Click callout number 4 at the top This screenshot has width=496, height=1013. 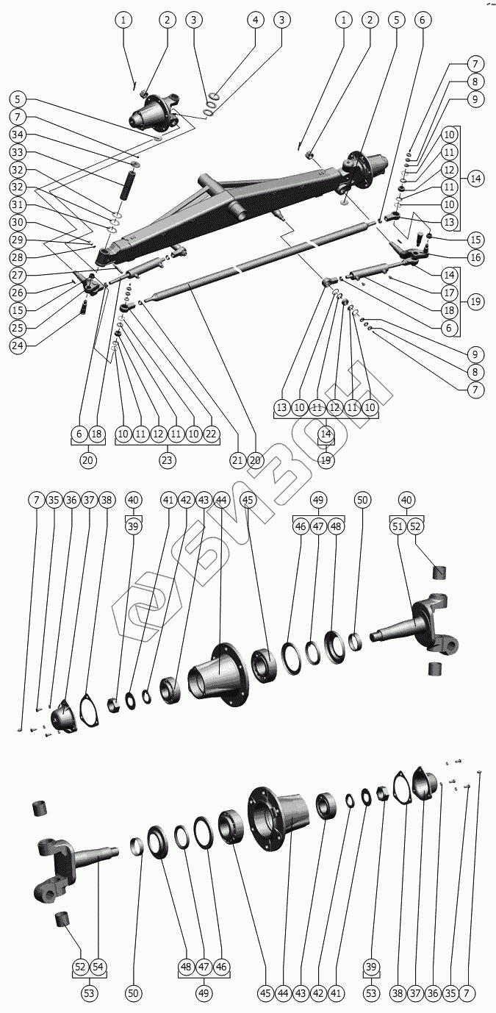pos(255,20)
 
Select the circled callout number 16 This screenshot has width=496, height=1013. pos(475,257)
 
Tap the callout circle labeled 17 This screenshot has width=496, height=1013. pos(475,291)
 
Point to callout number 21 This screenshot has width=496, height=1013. pos(236,460)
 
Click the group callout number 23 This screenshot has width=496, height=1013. pos(168,460)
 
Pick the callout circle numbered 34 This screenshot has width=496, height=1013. pos(19,135)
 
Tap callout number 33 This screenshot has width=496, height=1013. pos(19,152)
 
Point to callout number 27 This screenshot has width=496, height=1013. pos(19,274)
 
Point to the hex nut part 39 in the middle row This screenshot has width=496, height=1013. pos(115,705)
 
